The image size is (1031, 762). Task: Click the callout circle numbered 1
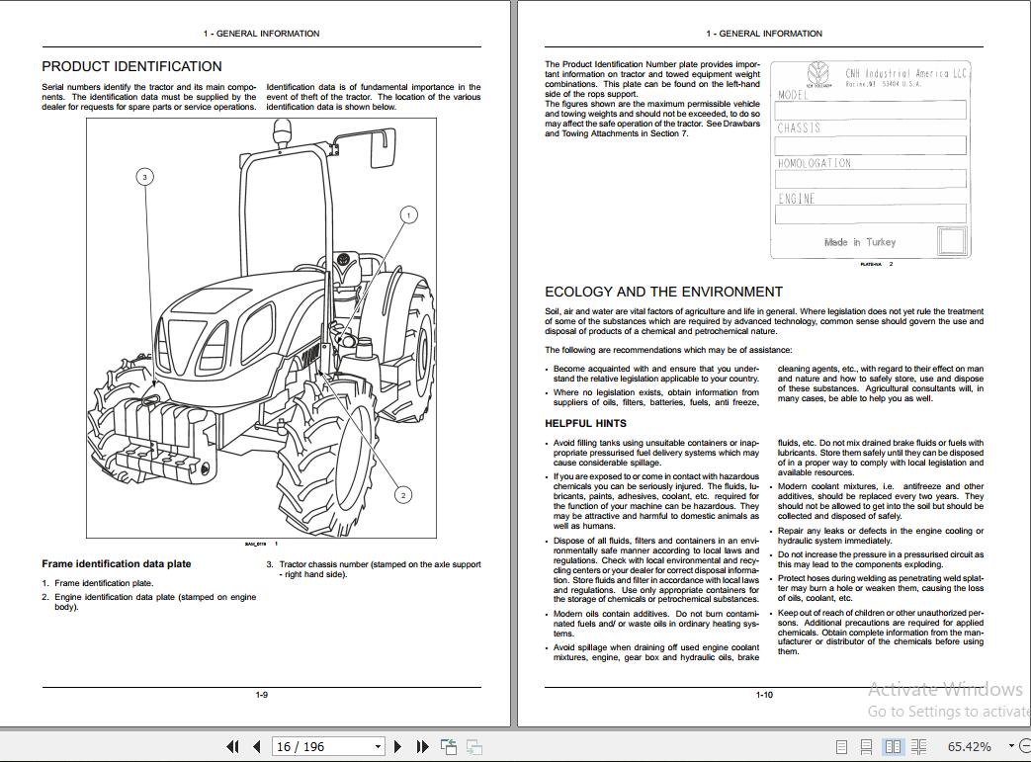[x=408, y=214]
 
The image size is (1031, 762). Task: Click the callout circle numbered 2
[x=403, y=495]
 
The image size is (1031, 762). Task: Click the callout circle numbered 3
[x=145, y=177]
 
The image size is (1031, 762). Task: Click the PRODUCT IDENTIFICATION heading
[x=131, y=66]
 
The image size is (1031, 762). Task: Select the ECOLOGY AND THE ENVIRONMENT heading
[x=663, y=292]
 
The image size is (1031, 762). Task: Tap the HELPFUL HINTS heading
[x=585, y=423]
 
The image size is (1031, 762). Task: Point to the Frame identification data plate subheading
[x=117, y=563]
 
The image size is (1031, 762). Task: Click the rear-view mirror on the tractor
[x=383, y=149]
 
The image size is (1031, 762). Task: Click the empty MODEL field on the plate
[x=870, y=110]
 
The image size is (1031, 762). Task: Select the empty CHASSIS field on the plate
[x=870, y=145]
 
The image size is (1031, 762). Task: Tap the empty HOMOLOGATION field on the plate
[x=870, y=179]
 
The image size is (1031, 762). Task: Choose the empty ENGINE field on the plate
[x=870, y=213]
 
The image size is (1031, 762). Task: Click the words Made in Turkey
[x=860, y=242]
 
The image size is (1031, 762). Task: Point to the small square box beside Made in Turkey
[x=951, y=241]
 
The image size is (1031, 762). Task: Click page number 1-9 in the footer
[x=262, y=695]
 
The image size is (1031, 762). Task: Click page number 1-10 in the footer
[x=764, y=695]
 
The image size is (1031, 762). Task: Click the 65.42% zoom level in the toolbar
[x=969, y=746]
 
